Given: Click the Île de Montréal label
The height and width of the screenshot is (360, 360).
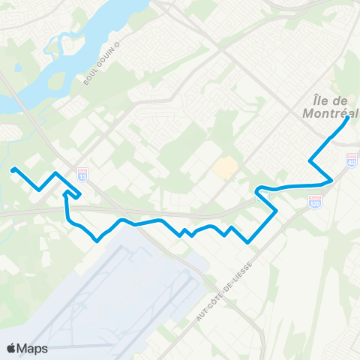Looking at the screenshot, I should coord(330,106).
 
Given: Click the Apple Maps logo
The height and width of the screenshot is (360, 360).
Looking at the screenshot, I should coord(26,348).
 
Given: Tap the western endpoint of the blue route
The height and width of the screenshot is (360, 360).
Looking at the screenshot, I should coord(13,169).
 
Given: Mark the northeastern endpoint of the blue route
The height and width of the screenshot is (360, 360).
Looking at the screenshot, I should coord(346,119).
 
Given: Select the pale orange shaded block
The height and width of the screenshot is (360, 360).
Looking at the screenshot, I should coord(223,167).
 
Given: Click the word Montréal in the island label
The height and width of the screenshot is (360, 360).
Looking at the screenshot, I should coord(330,113).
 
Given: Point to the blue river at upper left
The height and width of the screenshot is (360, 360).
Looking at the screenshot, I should coord(45,82).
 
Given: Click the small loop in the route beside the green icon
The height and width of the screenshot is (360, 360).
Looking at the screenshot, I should coord(259,188).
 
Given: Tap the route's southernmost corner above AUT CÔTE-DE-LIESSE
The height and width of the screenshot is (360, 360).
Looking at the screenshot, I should coord(248,241).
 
